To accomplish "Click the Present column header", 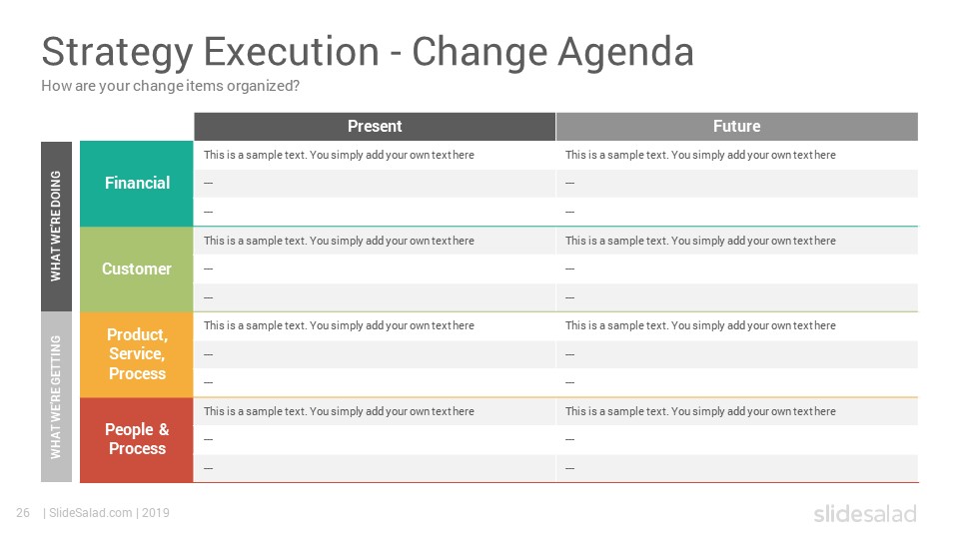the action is tap(375, 127).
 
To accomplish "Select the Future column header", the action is tap(737, 127).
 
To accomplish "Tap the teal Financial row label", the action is tap(137, 184).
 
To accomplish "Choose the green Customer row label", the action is tap(137, 269).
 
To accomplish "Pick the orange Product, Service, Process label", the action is tap(137, 354).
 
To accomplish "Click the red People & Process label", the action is tap(137, 439).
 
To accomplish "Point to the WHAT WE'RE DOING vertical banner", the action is tap(56, 227).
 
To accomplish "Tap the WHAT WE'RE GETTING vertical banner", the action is tap(56, 397).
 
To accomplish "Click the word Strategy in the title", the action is tap(118, 53).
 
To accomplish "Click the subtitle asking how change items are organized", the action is tap(170, 86).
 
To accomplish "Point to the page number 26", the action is tap(23, 513).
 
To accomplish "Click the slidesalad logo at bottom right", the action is tap(865, 513).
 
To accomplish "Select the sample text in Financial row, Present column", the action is tap(339, 156).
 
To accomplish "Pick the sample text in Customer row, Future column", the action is tap(700, 241).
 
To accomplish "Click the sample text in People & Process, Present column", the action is tap(339, 411).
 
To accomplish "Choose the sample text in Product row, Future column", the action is tap(700, 325).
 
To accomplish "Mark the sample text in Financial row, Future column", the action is tap(700, 156).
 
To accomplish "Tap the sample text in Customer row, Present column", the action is tap(339, 241).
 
